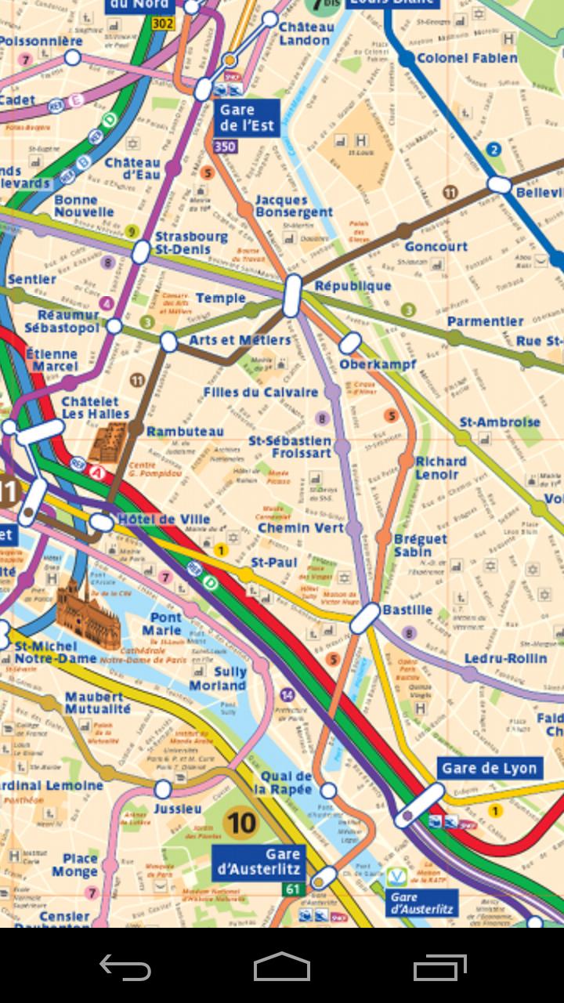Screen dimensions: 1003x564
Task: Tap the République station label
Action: [352, 286]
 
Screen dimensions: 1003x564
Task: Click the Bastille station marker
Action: [364, 618]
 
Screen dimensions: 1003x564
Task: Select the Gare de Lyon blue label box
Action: [490, 768]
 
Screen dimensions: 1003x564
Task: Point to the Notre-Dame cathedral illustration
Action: [87, 616]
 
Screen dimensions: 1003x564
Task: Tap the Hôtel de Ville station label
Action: [164, 520]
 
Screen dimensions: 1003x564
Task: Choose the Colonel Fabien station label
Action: [467, 58]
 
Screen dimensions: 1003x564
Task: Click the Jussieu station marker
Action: [163, 788]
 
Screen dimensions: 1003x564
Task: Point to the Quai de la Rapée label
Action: [287, 783]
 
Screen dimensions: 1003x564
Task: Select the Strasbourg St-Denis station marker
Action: [141, 252]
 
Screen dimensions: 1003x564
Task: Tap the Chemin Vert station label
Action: [301, 528]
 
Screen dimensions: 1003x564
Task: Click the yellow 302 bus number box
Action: [162, 24]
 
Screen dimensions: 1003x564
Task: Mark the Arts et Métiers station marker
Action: [168, 342]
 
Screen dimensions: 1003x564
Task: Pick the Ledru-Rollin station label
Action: [505, 658]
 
